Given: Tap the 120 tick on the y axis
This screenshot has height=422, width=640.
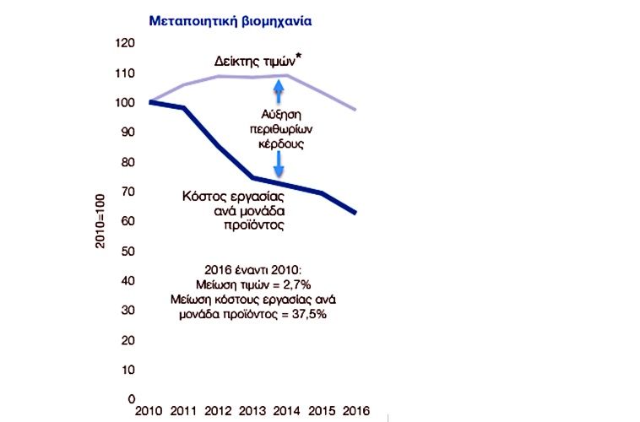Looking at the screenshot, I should [125, 43].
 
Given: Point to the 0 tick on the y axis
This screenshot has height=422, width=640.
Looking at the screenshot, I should [131, 399].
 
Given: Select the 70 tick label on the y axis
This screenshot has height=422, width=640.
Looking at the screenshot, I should [127, 192].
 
